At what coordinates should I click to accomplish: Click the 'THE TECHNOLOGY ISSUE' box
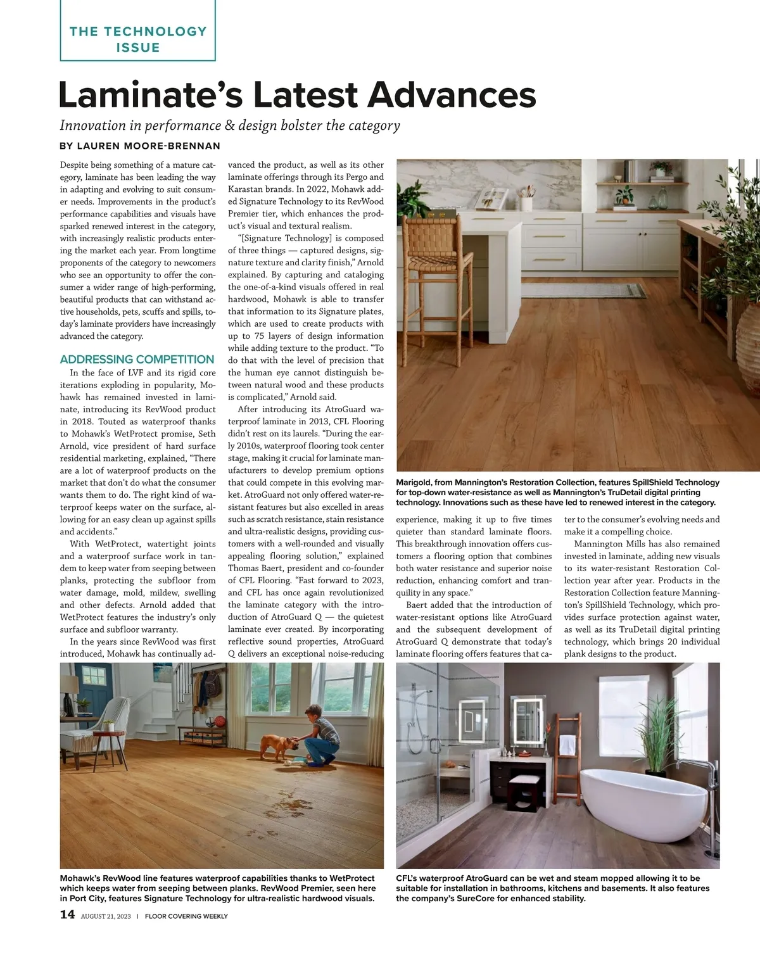point(137,39)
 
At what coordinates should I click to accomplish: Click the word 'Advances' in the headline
point(452,95)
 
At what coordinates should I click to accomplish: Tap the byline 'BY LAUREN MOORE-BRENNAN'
point(140,146)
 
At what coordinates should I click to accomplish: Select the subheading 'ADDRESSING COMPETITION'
point(137,359)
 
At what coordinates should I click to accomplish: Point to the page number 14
point(67,914)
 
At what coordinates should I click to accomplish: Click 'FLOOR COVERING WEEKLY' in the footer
point(186,916)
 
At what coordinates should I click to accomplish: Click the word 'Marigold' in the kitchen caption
point(414,483)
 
